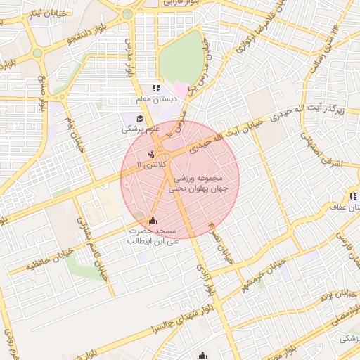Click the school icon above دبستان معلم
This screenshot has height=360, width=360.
155,89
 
